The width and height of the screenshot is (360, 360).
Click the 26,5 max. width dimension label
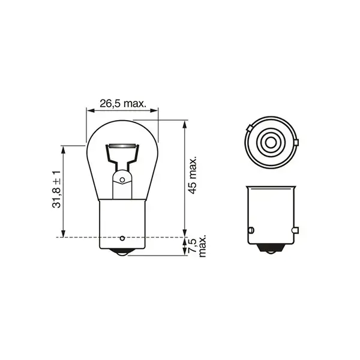(x=123, y=103)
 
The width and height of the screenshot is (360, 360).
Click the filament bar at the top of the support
(x=122, y=147)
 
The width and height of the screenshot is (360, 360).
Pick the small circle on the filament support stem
(x=122, y=179)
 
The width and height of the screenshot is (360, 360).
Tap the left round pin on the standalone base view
(x=251, y=230)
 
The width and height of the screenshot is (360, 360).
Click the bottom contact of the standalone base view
(x=271, y=251)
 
